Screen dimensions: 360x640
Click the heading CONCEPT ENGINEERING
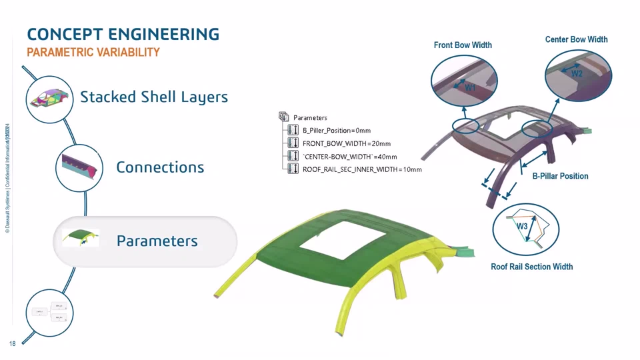point(123,34)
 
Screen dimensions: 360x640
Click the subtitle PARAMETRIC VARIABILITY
point(93,52)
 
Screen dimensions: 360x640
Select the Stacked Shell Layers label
point(154,97)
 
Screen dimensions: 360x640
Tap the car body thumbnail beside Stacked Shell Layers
point(49,99)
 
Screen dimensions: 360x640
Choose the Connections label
point(160,167)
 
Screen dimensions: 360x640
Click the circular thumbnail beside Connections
point(79,167)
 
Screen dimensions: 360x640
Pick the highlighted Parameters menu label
point(157,241)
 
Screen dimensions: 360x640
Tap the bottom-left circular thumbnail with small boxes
point(49,312)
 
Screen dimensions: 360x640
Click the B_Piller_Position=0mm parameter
point(336,131)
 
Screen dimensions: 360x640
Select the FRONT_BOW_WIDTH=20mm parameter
point(346,143)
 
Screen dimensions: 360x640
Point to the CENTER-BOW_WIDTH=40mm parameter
point(349,157)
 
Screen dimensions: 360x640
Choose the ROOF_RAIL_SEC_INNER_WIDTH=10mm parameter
point(362,169)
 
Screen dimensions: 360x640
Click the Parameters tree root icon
point(283,117)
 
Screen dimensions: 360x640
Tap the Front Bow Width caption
point(463,45)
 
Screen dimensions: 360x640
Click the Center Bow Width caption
point(576,39)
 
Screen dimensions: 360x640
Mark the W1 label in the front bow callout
point(470,87)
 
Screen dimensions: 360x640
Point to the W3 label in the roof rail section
point(522,227)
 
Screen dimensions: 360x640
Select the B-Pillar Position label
point(560,176)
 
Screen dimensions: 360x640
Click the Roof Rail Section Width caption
point(531,267)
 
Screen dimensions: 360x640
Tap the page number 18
point(12,344)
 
